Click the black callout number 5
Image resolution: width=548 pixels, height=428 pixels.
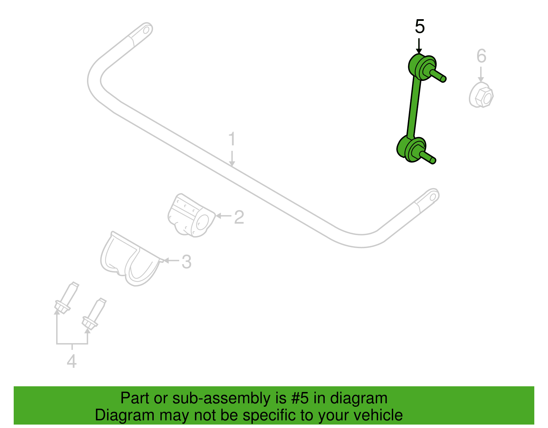(420, 26)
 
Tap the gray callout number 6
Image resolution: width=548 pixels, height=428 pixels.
(481, 56)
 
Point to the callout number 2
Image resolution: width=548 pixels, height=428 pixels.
(239, 217)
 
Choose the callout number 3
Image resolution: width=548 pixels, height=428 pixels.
(187, 262)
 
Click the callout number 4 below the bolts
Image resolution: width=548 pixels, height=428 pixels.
(72, 361)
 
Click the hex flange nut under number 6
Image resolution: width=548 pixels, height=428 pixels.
(481, 95)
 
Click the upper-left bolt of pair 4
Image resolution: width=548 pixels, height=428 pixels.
(66, 298)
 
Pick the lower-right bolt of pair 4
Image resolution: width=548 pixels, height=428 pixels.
(94, 314)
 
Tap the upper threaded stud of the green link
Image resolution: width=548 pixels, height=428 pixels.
(438, 76)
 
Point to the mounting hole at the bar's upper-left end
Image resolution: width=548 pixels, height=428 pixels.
(146, 31)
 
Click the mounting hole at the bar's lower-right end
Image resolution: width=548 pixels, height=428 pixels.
(433, 197)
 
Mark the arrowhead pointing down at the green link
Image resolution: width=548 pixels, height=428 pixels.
(419, 51)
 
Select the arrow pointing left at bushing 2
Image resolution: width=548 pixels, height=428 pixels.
(223, 216)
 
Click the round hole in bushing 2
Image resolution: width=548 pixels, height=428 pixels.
(202, 222)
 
